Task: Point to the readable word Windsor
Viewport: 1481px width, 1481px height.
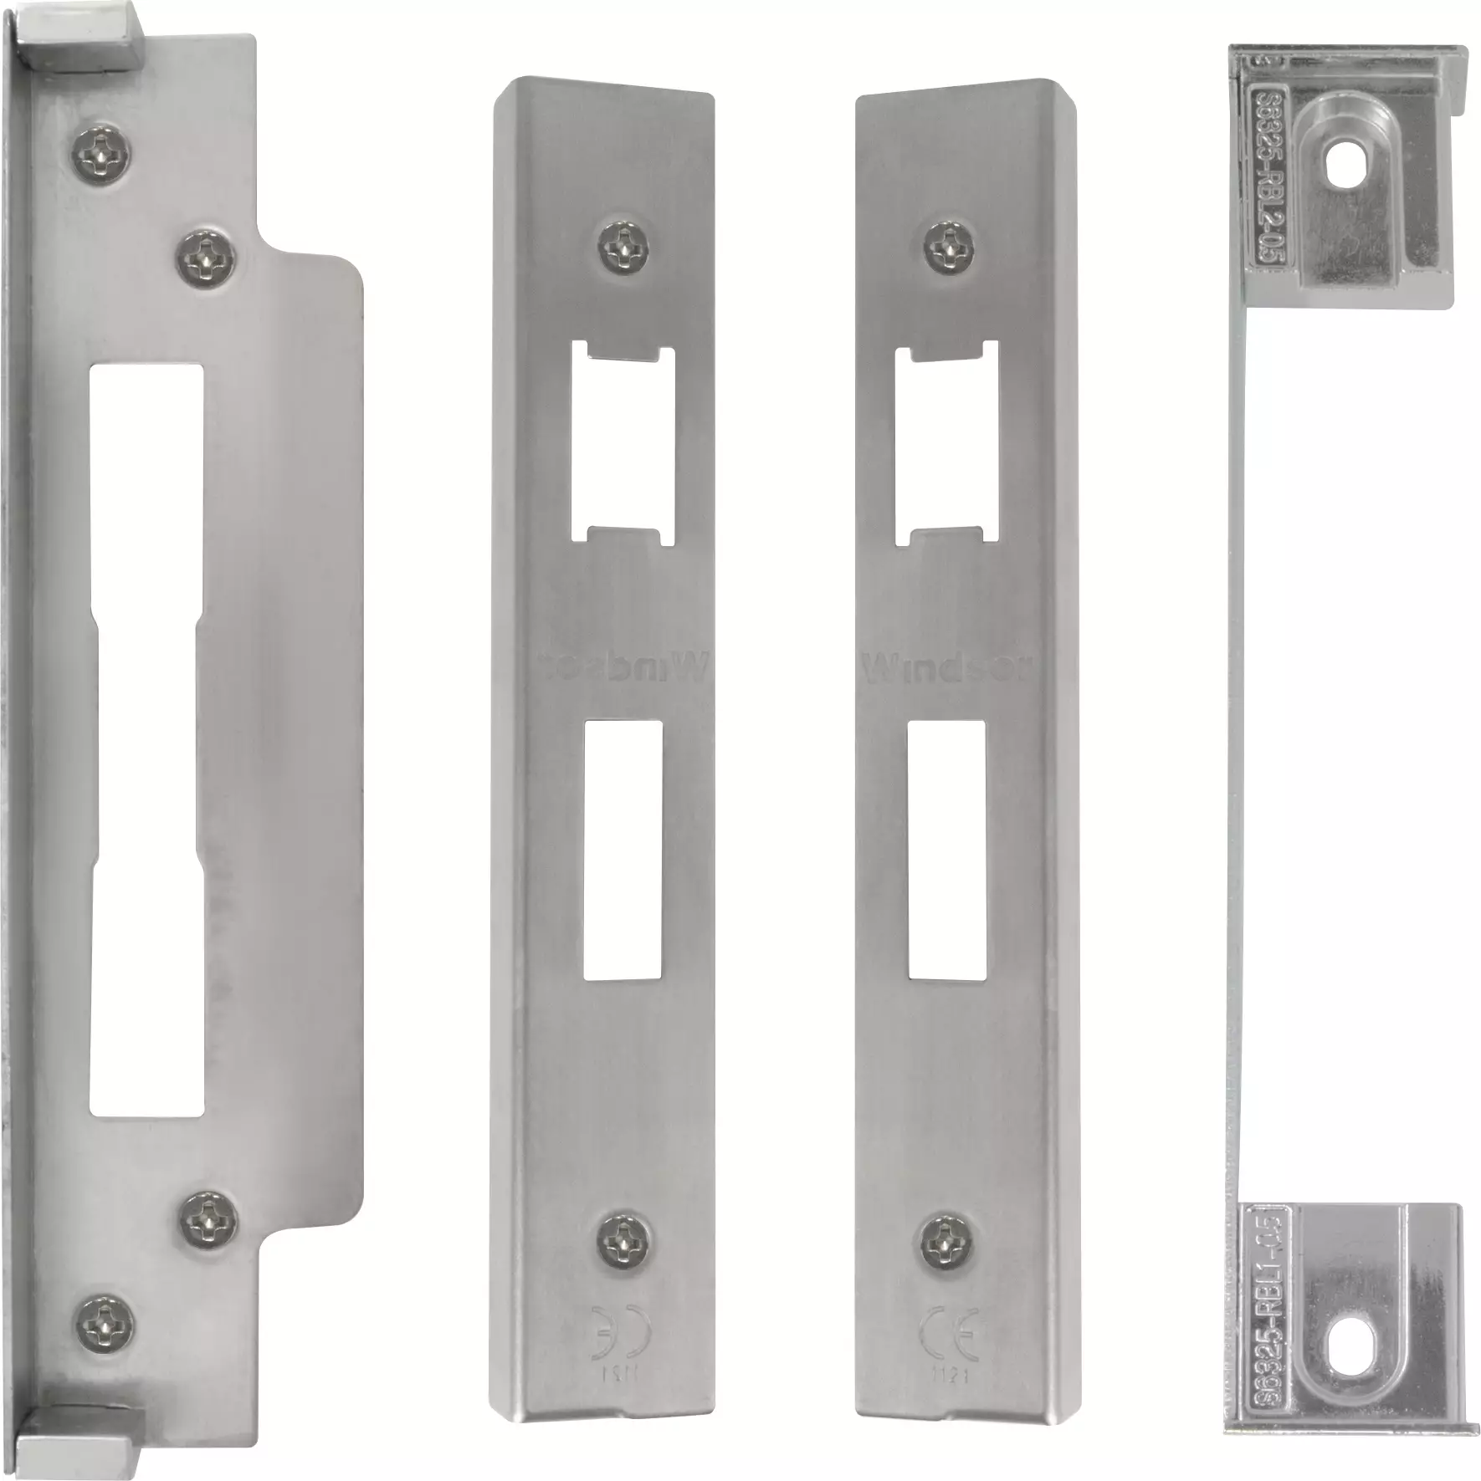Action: tap(945, 668)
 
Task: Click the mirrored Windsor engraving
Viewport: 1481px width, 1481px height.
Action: tap(623, 668)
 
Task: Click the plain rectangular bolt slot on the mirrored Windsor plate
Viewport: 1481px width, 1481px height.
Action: tap(623, 852)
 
